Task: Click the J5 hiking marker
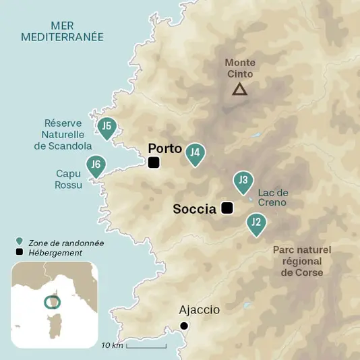click(x=106, y=127)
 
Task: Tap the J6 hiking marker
click(x=96, y=165)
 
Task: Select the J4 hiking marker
click(x=195, y=154)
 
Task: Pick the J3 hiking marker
click(x=243, y=181)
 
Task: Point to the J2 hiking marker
click(x=256, y=222)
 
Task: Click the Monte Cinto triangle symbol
click(x=239, y=89)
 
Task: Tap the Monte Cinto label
click(x=240, y=68)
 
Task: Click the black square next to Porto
click(x=154, y=162)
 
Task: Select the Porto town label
click(x=165, y=148)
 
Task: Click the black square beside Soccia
click(x=227, y=208)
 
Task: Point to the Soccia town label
click(x=194, y=209)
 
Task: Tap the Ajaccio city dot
click(x=184, y=326)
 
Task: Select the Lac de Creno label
click(x=272, y=198)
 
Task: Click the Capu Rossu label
click(x=68, y=178)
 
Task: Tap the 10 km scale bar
click(x=146, y=347)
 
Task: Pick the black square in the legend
click(x=20, y=253)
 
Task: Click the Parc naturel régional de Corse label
click(x=302, y=261)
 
